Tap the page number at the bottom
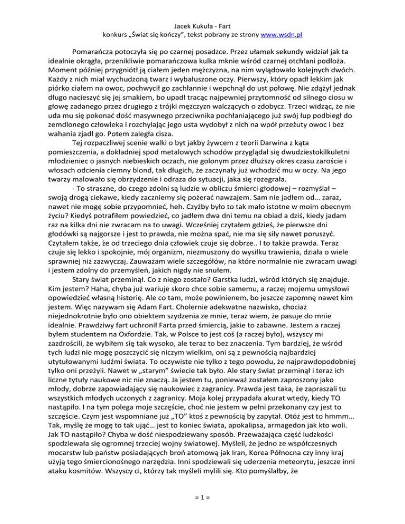202,503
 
